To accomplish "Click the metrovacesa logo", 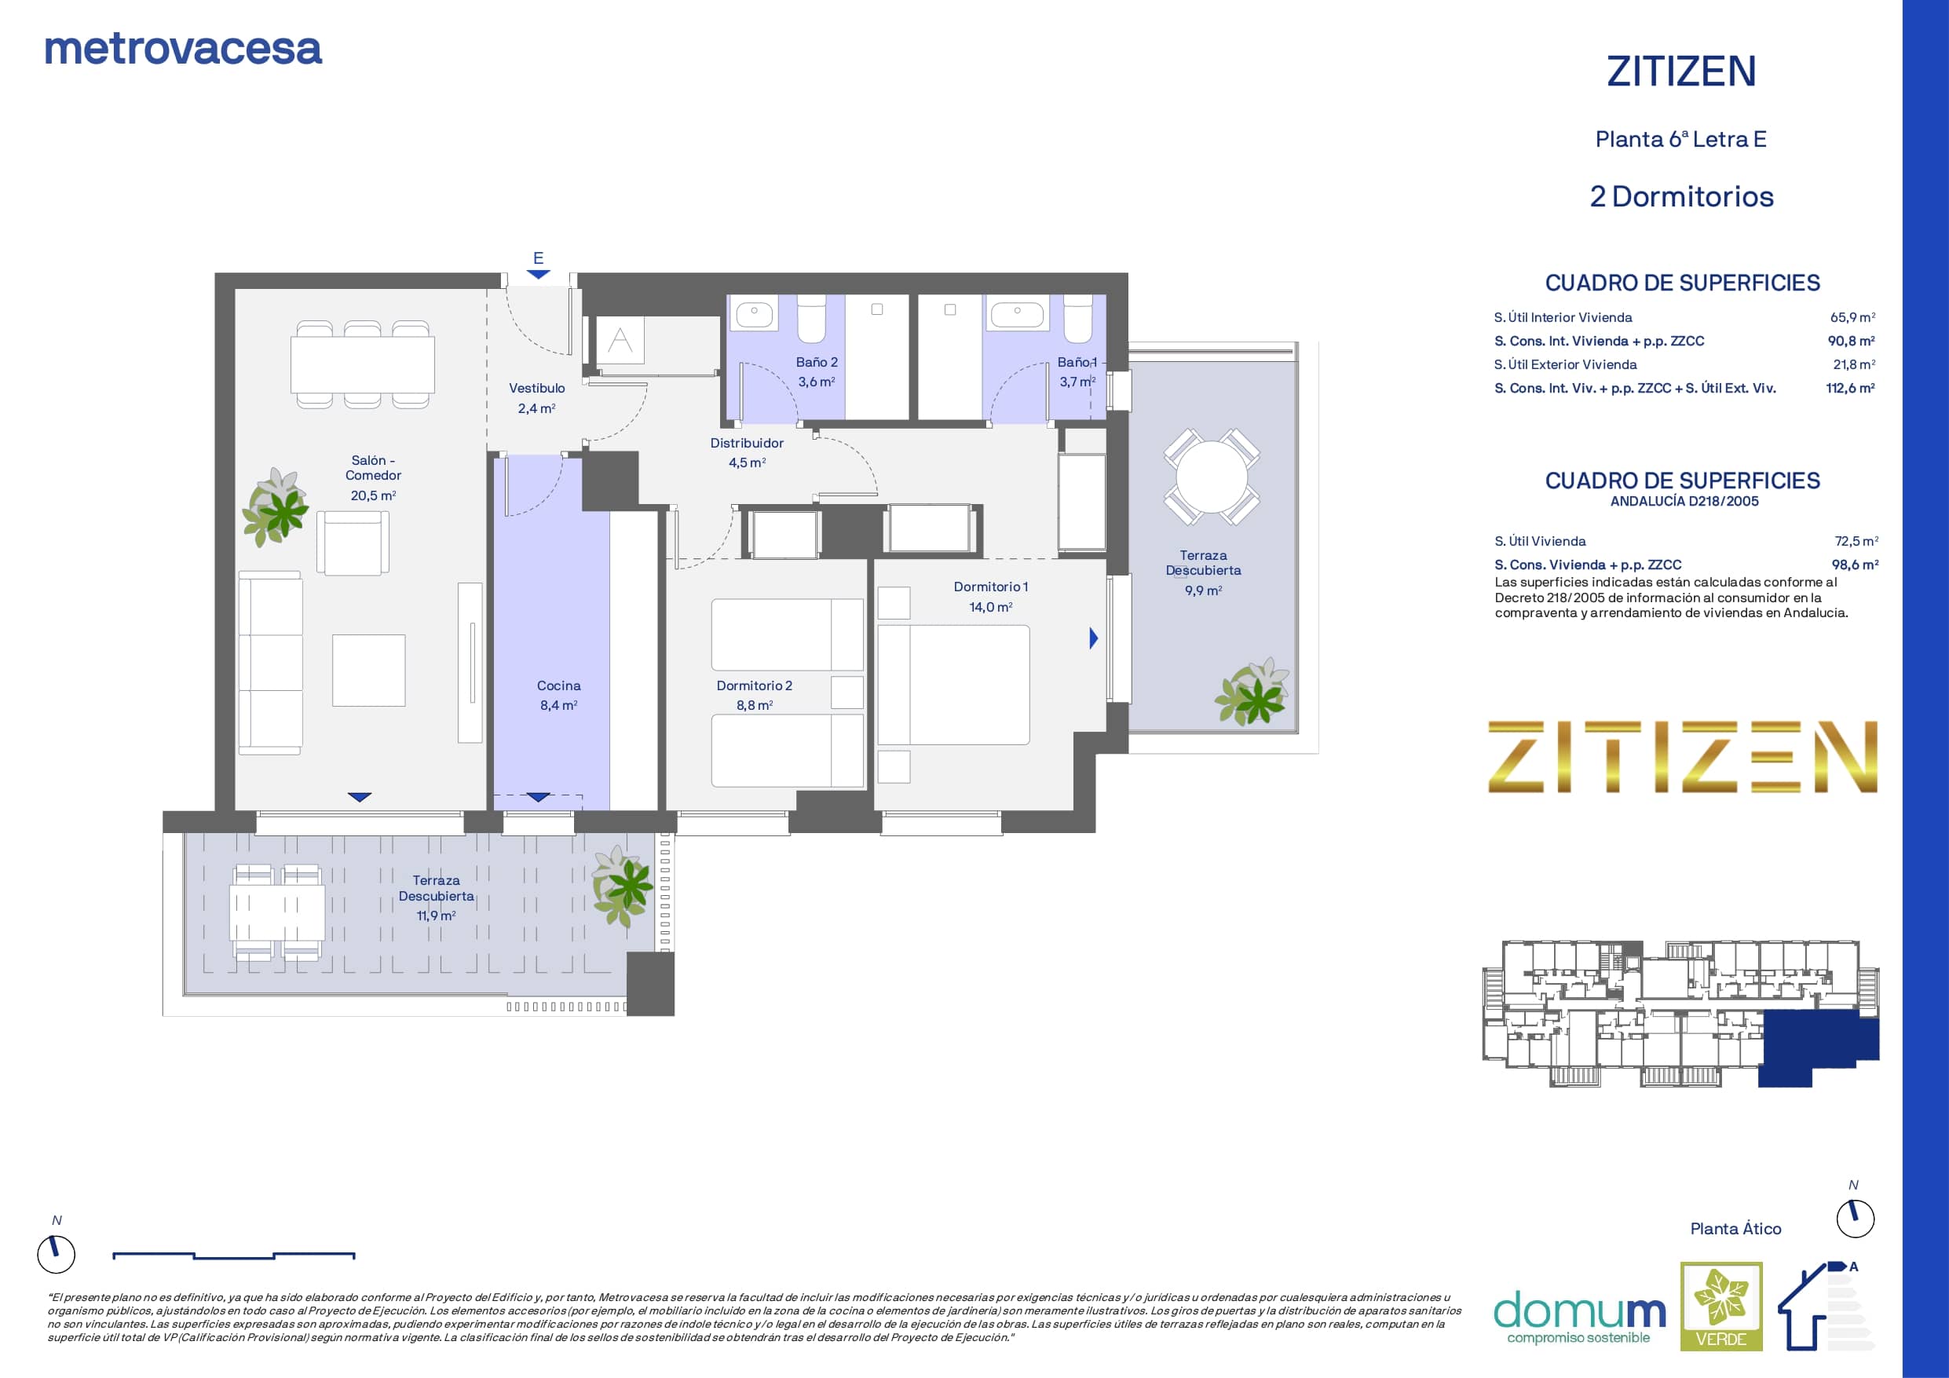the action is tap(183, 49).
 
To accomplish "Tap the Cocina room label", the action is tap(558, 686).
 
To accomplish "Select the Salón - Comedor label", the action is tap(374, 468).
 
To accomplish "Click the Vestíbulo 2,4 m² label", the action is tap(536, 398).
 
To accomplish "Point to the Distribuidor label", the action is tap(747, 443).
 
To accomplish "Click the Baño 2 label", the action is tap(817, 363).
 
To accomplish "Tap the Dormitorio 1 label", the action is tap(991, 587).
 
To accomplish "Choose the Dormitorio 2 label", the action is tap(754, 686).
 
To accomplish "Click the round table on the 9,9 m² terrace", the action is tap(1212, 477).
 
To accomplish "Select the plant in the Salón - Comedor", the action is tap(276, 507).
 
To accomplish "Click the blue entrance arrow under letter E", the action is tap(538, 274).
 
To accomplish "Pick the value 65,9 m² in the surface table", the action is tap(1852, 317).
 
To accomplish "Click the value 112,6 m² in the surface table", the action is tap(1851, 388).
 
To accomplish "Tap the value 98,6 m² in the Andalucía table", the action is tap(1855, 565).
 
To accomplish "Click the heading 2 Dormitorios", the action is tap(1681, 197).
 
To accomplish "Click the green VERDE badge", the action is tap(1721, 1306).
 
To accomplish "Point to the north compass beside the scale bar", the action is tap(56, 1253).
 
